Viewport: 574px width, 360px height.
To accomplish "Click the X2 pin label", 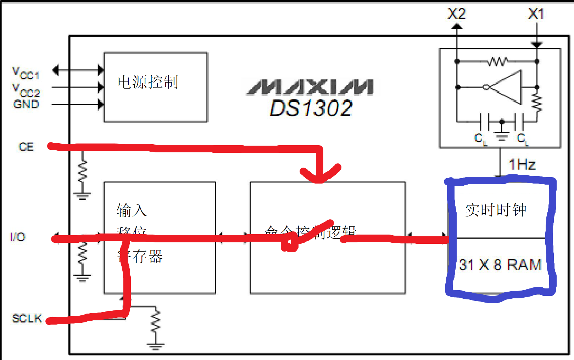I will [x=456, y=14].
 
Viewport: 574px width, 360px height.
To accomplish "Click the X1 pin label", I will [x=536, y=14].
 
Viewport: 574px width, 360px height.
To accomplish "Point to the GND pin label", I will [x=26, y=104].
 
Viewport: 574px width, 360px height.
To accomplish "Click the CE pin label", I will [x=26, y=147].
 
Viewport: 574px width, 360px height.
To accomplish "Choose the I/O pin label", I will [x=18, y=237].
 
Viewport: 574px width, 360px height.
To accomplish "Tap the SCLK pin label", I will [x=27, y=318].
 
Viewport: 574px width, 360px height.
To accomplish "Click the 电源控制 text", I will [x=148, y=82].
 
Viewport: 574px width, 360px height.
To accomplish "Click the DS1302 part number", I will [x=311, y=108].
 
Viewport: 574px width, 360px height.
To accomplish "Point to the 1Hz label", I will [x=522, y=164].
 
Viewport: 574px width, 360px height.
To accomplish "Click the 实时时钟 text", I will [x=496, y=210].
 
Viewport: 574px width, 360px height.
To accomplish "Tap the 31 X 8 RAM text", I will [x=500, y=265].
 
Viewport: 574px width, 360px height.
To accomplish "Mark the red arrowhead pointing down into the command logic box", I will [x=320, y=175].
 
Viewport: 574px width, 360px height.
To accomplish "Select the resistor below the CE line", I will [x=82, y=171].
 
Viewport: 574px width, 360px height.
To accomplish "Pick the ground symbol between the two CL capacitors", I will [x=502, y=135].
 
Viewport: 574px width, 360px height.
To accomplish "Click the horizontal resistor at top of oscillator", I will [x=497, y=62].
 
